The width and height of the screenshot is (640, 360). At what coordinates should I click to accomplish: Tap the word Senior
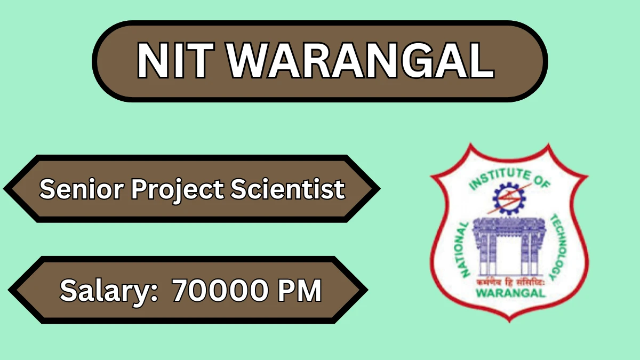tap(82, 189)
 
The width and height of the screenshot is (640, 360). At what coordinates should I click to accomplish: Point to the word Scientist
tap(288, 189)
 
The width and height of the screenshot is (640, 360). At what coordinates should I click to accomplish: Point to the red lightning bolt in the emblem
tap(509, 199)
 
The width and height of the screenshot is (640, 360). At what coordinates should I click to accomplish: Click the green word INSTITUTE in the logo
tap(500, 179)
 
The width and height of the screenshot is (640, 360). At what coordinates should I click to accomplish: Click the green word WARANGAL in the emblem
tap(510, 293)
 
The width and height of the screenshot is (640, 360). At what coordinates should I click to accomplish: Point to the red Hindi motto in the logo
tap(510, 282)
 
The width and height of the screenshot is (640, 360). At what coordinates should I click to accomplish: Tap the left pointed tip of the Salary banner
tap(8, 290)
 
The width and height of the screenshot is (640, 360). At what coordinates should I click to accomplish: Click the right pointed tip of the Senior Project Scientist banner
tap(380, 189)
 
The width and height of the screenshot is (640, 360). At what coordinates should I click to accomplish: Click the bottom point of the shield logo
tap(510, 322)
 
